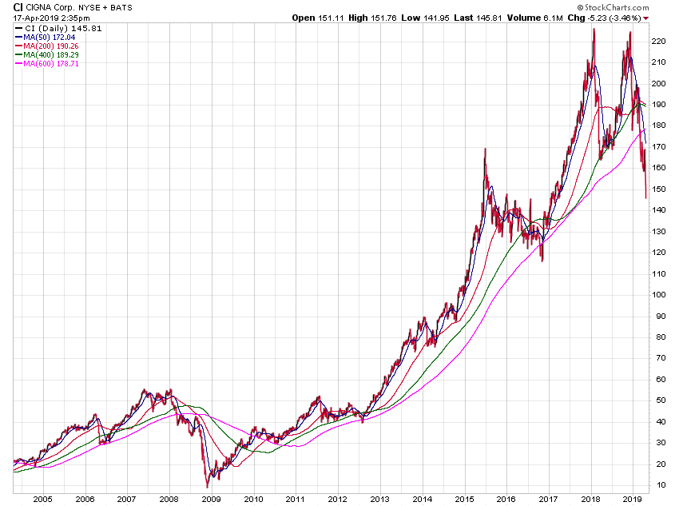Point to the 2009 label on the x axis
click(211, 498)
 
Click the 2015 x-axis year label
click(465, 498)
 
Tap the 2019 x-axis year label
click(633, 498)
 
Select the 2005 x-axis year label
click(42, 498)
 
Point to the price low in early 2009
click(208, 486)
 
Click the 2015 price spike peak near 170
click(485, 149)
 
